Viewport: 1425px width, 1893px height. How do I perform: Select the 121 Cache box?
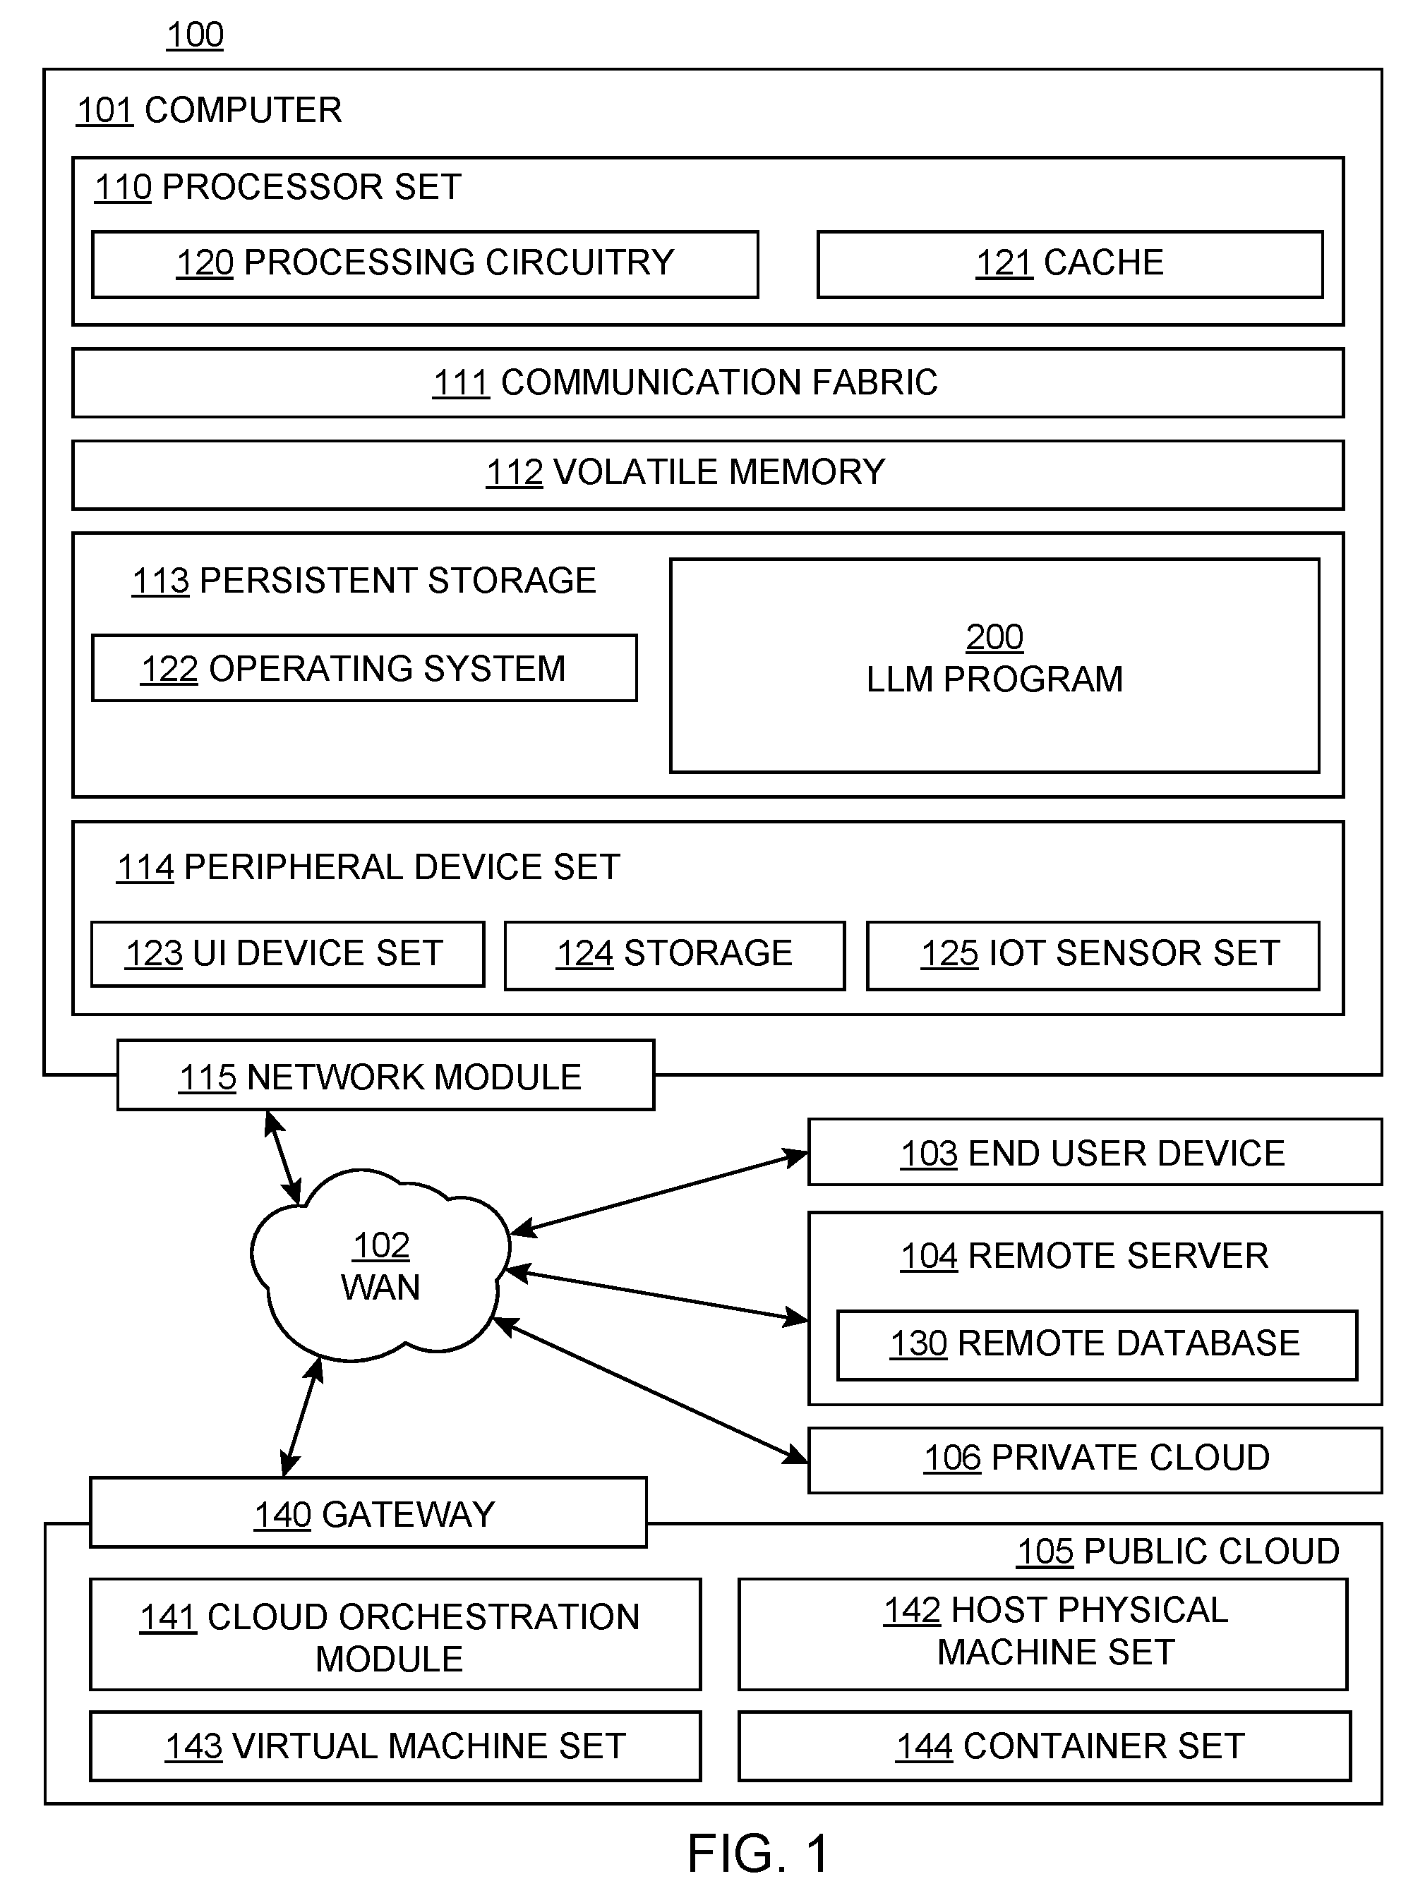(1070, 265)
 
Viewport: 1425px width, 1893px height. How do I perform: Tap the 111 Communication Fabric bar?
(708, 382)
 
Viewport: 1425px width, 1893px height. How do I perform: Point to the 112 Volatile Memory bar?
(708, 475)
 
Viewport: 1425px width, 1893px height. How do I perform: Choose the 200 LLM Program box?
(994, 666)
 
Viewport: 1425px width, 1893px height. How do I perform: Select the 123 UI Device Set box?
(287, 954)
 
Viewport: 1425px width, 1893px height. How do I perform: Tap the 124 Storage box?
(675, 955)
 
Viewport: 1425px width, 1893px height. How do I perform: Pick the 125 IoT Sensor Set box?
(1093, 955)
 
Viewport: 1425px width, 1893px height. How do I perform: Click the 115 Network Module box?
(385, 1075)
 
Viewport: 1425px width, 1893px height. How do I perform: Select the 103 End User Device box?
(1095, 1152)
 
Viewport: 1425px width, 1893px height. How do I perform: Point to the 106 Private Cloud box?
(1095, 1460)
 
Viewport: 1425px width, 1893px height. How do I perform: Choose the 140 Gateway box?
(368, 1512)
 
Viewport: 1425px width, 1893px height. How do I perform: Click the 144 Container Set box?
(1044, 1746)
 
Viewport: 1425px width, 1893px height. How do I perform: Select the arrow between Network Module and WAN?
(283, 1157)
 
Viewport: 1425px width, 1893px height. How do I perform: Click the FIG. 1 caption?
(758, 1853)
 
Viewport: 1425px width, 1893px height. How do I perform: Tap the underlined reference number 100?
(195, 35)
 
